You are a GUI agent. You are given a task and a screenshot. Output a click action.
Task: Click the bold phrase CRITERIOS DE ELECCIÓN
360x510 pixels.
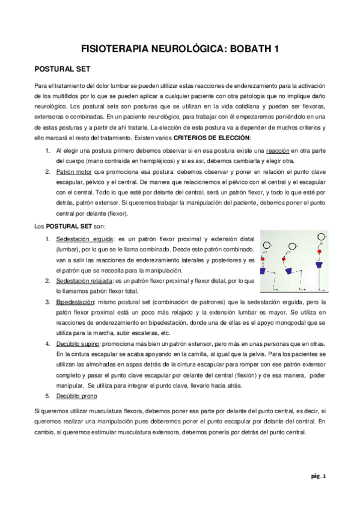pos(224,138)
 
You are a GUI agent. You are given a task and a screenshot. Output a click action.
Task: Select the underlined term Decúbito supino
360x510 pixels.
pos(80,343)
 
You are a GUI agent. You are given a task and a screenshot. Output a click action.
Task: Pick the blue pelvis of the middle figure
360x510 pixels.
pos(292,265)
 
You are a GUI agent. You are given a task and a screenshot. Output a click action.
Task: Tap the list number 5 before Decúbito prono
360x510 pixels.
pos(48,396)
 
